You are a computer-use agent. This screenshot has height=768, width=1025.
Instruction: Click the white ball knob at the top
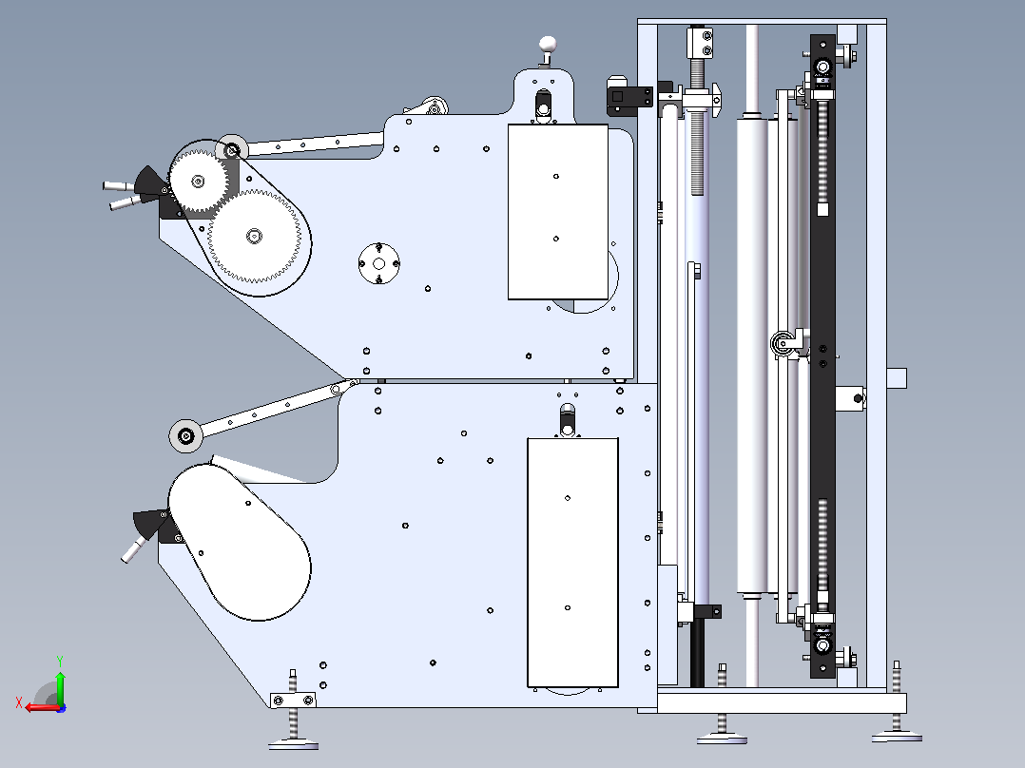(x=547, y=45)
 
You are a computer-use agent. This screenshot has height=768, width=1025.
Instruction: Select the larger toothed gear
(x=254, y=236)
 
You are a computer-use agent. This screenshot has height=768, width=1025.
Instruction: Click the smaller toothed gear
(x=198, y=181)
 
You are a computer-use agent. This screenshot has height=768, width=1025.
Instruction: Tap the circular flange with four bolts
(x=379, y=263)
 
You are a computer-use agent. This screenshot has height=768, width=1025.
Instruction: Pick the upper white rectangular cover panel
(x=558, y=212)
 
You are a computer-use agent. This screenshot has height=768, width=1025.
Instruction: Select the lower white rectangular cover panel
(x=572, y=563)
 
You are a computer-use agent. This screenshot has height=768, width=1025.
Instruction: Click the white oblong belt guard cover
(x=240, y=542)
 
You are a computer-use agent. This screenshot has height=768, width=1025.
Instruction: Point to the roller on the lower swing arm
(x=185, y=436)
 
